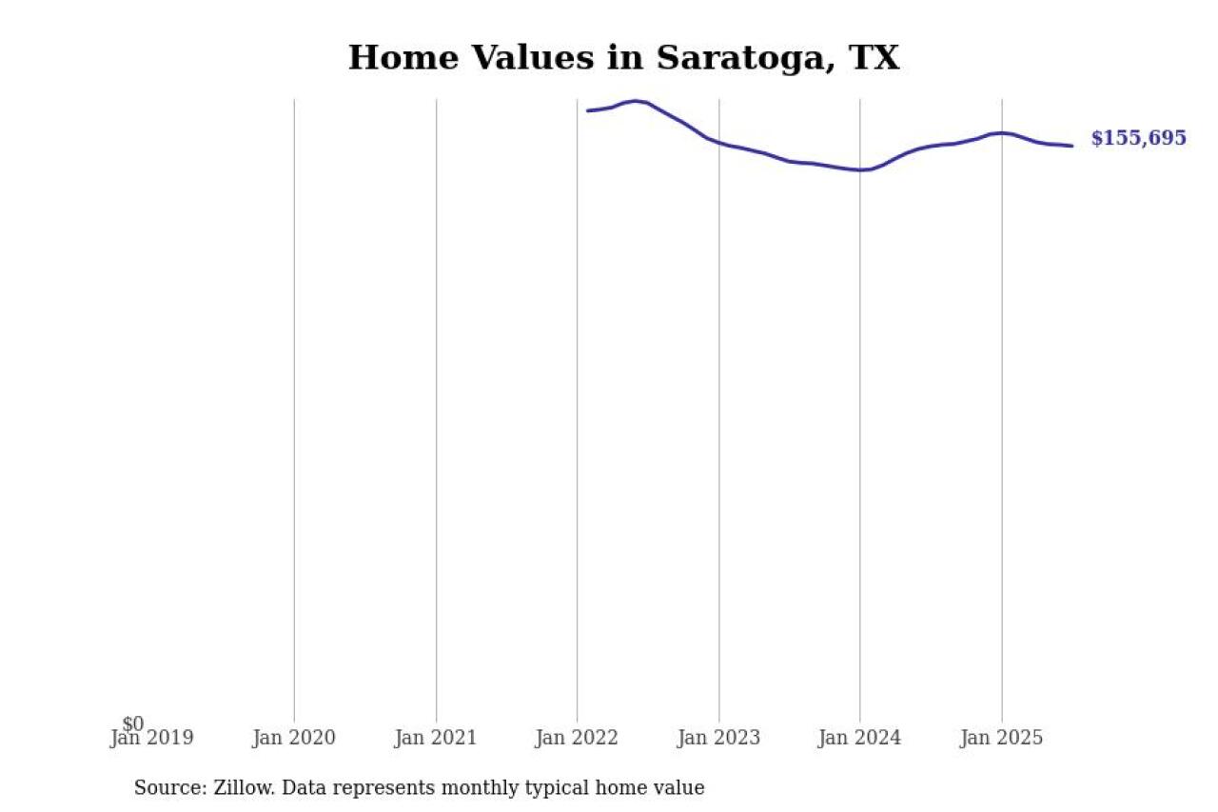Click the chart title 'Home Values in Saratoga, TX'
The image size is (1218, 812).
(x=623, y=58)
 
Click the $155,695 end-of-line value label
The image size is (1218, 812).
(x=1138, y=138)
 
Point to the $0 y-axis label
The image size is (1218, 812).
(x=133, y=724)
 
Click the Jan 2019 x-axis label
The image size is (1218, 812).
(x=152, y=738)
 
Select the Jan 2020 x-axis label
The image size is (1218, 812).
(x=294, y=738)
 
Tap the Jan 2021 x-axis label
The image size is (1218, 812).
(x=436, y=738)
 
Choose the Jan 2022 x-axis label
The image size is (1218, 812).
(x=577, y=738)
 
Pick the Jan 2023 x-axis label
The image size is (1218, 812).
(x=718, y=738)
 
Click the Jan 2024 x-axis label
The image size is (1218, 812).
(x=859, y=738)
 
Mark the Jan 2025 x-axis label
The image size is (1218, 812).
(x=1001, y=738)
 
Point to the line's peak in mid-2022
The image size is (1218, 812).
(x=636, y=101)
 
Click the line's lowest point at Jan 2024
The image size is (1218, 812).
(x=860, y=170)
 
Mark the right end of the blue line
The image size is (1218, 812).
(x=1072, y=146)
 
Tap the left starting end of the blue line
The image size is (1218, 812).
(x=588, y=111)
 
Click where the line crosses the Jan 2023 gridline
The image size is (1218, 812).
(x=718, y=143)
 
